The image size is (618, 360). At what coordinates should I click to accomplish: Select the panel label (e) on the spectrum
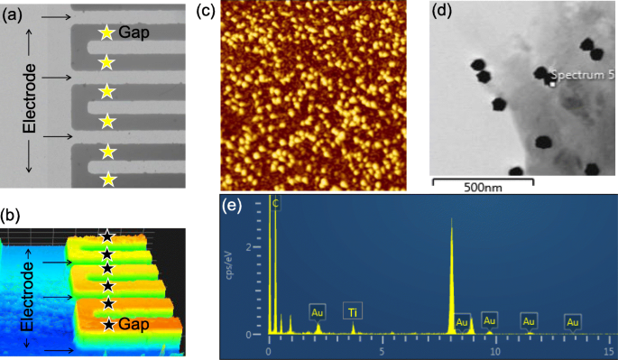234,207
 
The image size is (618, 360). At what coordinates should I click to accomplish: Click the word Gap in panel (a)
134,32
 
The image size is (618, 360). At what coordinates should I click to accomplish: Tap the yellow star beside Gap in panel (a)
106,33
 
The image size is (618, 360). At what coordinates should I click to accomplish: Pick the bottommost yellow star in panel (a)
107,179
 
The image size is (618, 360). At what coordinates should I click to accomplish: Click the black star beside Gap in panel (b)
108,323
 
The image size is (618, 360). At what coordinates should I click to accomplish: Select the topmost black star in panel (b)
106,236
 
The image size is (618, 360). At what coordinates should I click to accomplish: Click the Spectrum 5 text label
582,76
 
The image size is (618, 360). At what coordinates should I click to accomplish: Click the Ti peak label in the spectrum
353,313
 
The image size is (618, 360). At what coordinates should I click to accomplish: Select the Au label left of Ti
318,312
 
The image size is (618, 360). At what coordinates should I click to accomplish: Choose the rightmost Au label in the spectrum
572,320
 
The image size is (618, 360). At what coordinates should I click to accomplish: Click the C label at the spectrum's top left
276,203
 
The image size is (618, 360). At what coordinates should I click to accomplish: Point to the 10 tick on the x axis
495,349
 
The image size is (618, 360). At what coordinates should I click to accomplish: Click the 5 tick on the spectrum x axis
382,349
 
